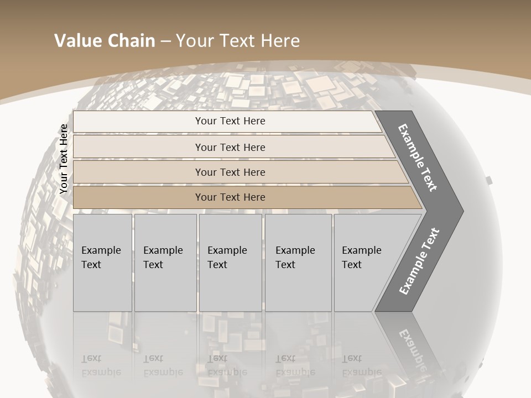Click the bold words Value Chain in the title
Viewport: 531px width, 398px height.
pyautogui.click(x=105, y=41)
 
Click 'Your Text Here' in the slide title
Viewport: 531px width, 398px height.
pyautogui.click(x=238, y=41)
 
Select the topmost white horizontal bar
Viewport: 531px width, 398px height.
pyautogui.click(x=227, y=121)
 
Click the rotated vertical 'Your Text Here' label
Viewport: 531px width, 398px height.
pyautogui.click(x=64, y=159)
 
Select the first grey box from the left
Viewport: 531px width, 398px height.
pyautogui.click(x=102, y=262)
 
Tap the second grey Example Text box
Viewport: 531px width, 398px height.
pyautogui.click(x=165, y=262)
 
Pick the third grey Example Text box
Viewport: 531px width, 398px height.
pyautogui.click(x=230, y=262)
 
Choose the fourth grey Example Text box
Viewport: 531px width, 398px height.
pyautogui.click(x=298, y=262)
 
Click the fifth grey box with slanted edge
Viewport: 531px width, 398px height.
pyautogui.click(x=365, y=262)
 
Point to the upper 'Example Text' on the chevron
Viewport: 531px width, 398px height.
pyautogui.click(x=418, y=158)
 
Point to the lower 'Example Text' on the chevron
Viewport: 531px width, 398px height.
pyautogui.click(x=419, y=261)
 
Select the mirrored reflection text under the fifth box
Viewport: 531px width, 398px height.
pyautogui.click(x=361, y=365)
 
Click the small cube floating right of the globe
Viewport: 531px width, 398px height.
pyautogui.click(x=488, y=180)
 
